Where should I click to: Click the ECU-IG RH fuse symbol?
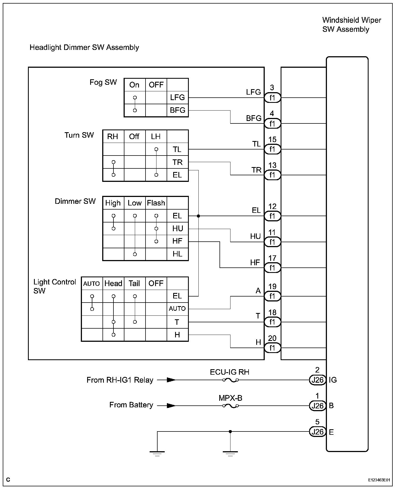230,380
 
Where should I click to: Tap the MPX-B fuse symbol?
230,406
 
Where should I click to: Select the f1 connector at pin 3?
272,98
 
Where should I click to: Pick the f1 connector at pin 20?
272,348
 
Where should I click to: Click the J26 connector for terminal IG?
318,380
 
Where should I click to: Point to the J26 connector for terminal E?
318,432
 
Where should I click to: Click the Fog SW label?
103,82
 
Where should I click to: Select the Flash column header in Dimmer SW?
156,203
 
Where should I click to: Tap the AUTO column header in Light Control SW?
92,284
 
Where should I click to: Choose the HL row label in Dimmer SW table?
177,254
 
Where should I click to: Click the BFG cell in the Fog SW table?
177,110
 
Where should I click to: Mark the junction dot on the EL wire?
198,216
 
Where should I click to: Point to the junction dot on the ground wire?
230,431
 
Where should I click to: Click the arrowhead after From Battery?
171,406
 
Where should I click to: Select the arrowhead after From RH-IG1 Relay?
171,380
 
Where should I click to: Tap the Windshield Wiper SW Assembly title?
351,25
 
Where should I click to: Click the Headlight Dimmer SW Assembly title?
84,47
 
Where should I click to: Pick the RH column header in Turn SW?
113,137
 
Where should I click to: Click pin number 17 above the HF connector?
272,258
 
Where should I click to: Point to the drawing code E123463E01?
379,480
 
